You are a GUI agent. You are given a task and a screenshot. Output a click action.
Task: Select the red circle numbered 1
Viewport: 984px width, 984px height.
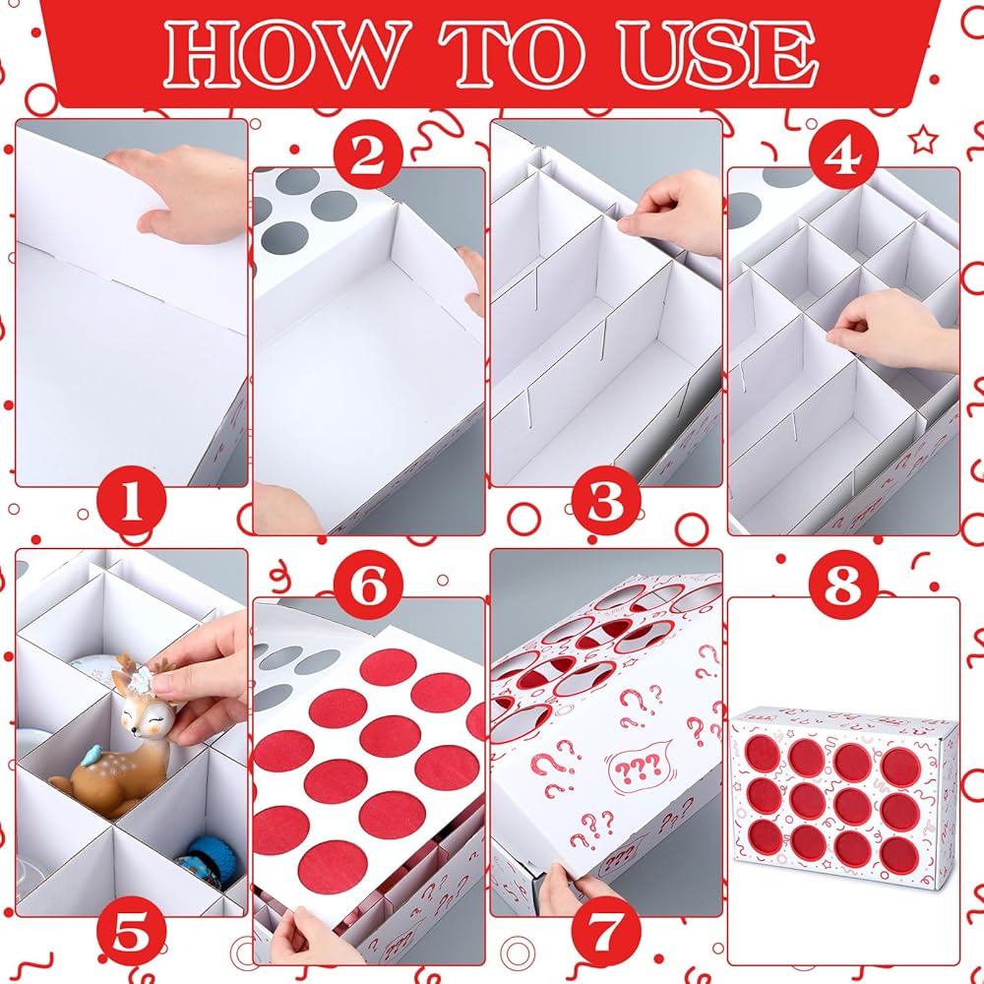pyautogui.click(x=132, y=503)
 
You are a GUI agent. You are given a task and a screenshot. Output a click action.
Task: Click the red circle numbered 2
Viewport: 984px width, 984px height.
pyautogui.click(x=368, y=154)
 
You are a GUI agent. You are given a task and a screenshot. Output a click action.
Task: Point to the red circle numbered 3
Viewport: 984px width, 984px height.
pyautogui.click(x=605, y=503)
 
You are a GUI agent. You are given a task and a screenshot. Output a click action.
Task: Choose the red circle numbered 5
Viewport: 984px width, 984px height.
pyautogui.click(x=132, y=933)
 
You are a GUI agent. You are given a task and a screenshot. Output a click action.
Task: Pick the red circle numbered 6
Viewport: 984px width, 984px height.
pyautogui.click(x=368, y=584)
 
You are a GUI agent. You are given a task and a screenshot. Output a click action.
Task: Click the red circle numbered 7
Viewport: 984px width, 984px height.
pyautogui.click(x=605, y=933)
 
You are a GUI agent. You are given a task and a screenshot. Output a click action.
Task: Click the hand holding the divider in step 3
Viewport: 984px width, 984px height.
pyautogui.click(x=670, y=214)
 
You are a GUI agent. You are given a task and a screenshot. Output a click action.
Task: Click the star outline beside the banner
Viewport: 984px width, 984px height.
pyautogui.click(x=923, y=140)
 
